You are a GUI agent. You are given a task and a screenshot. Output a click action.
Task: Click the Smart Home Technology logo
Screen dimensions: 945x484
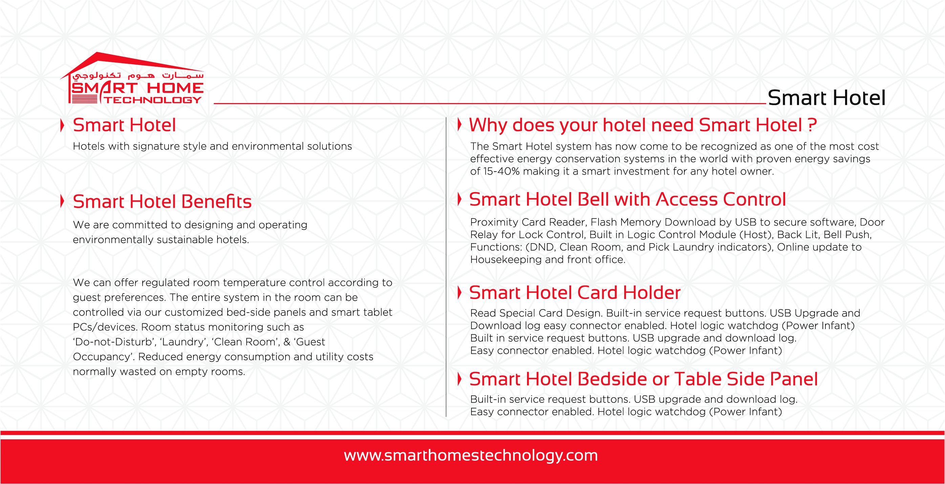coord(132,78)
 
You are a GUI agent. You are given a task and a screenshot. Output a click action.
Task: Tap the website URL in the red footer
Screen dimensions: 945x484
coord(471,456)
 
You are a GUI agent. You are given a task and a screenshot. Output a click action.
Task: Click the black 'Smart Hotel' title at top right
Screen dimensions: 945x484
coord(826,98)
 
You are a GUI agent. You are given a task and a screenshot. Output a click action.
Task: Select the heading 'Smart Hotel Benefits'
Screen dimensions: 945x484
coord(162,202)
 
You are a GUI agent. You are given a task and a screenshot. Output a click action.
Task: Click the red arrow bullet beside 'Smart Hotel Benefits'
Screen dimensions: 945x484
coord(62,201)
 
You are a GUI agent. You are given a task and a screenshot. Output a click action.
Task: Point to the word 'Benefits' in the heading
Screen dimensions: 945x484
coord(216,202)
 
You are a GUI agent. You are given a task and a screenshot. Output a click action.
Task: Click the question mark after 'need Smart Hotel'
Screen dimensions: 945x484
coord(812,125)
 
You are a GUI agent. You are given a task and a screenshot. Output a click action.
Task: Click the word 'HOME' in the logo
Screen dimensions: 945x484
coord(175,88)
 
